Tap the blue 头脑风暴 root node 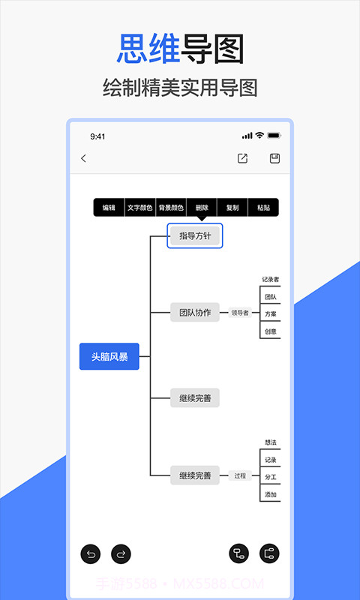tap(109, 357)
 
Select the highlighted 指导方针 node tap(195, 236)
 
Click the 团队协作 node tap(195, 313)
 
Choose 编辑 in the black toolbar tap(109, 208)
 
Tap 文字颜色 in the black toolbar tap(139, 208)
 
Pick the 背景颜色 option tap(171, 208)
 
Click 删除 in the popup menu tap(202, 208)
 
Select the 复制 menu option tap(232, 208)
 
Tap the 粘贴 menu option tap(263, 208)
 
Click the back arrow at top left tap(83, 158)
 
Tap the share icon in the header tap(242, 158)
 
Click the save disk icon tap(274, 158)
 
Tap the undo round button tap(91, 554)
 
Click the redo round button tap(121, 554)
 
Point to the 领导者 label tap(240, 313)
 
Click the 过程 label tap(240, 475)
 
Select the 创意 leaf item tap(271, 331)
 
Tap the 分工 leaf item tap(271, 476)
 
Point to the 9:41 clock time tap(97, 136)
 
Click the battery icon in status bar tap(274, 136)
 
